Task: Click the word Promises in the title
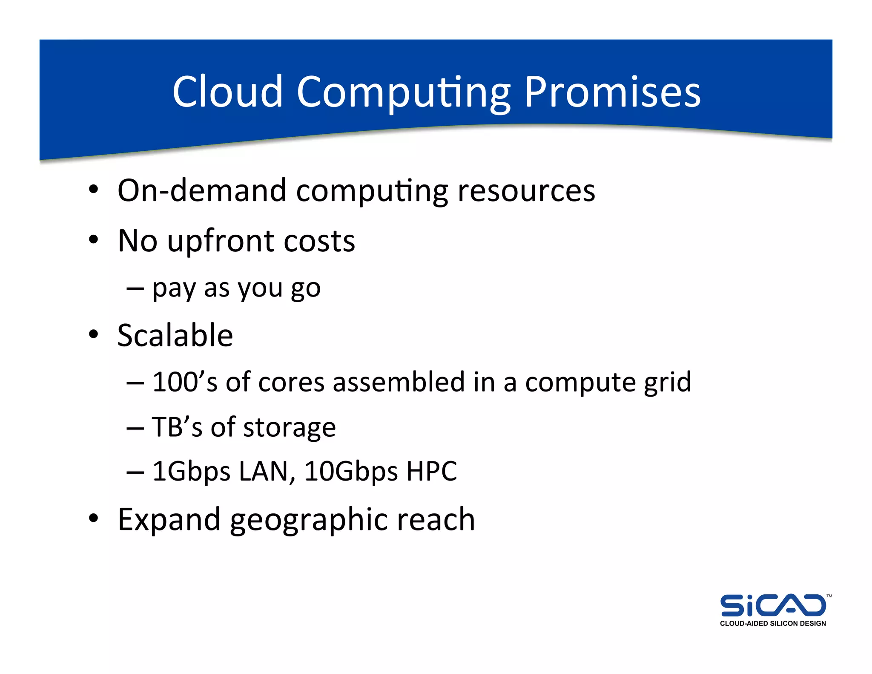click(x=612, y=92)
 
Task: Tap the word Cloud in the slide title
click(x=227, y=92)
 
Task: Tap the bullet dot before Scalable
click(x=94, y=334)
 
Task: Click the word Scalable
click(x=175, y=336)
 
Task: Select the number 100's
click(x=185, y=382)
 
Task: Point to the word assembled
click(x=399, y=382)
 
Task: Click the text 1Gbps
click(x=191, y=472)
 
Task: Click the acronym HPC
click(x=431, y=471)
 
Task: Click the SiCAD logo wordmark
click(x=773, y=605)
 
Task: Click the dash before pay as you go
click(x=135, y=289)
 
